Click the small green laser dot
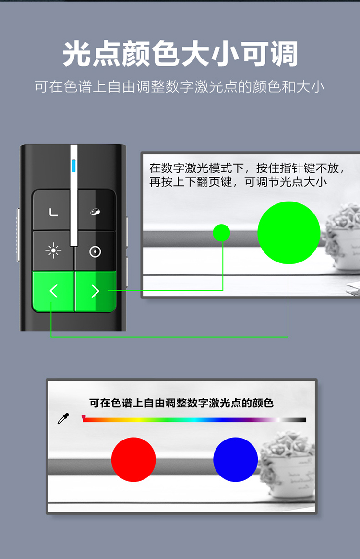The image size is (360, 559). click(x=221, y=233)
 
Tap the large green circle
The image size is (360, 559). click(x=288, y=233)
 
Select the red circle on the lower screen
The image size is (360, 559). click(x=133, y=460)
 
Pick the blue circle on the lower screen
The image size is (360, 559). click(x=236, y=460)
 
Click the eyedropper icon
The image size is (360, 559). click(x=63, y=418)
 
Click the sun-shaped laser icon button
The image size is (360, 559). click(x=53, y=250)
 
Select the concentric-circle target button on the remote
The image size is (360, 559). click(x=95, y=251)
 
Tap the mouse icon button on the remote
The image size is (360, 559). click(x=95, y=212)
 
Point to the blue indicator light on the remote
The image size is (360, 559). click(x=74, y=166)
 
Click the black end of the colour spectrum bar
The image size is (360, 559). click(x=301, y=420)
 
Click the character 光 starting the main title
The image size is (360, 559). click(x=77, y=54)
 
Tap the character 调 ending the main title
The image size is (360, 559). click(x=284, y=54)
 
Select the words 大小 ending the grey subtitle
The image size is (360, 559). click(x=310, y=87)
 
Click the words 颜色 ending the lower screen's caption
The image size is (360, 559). click(x=263, y=403)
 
